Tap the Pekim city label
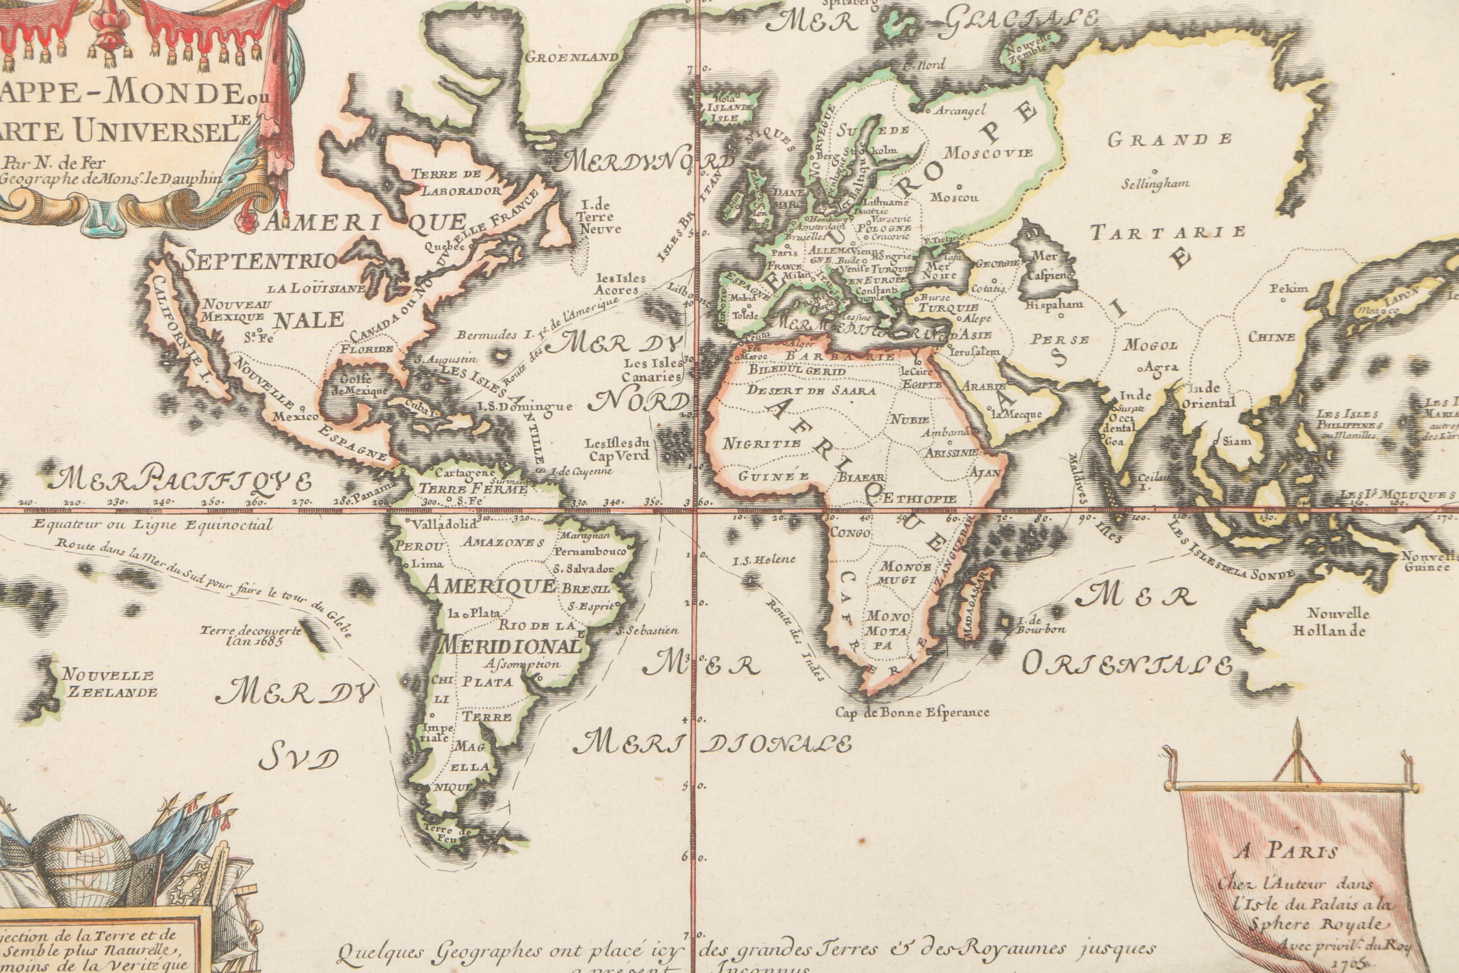[1288, 288]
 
